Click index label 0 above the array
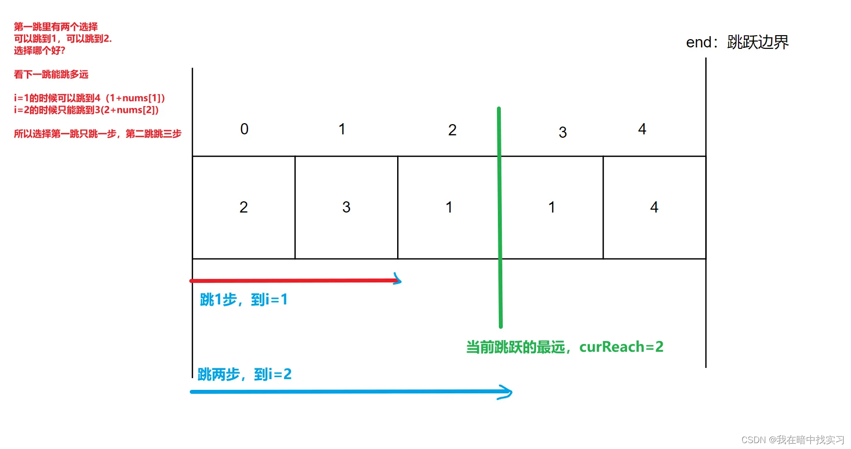point(245,129)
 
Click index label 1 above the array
point(342,129)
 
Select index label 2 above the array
point(452,130)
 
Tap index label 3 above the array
point(563,132)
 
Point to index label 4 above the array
point(642,129)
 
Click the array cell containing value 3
point(346,207)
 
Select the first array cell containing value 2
point(244,207)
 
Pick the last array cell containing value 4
point(654,207)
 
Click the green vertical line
point(499,220)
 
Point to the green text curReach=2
point(621,347)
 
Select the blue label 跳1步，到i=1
point(244,299)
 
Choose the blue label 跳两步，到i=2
point(245,374)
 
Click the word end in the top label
point(698,43)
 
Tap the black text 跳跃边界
point(758,43)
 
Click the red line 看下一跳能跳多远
point(51,74)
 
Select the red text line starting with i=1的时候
point(90,98)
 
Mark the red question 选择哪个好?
point(40,50)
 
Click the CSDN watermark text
point(793,440)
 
